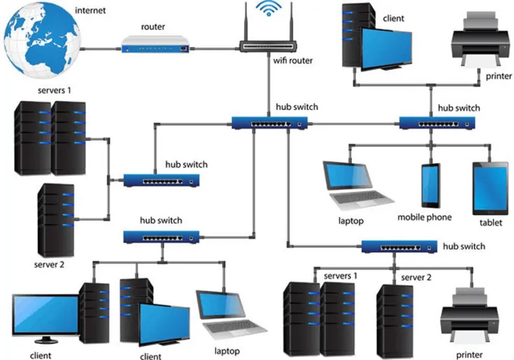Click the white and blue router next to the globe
pos(155,48)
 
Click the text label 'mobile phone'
pos(424,217)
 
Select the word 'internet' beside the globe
pos(91,11)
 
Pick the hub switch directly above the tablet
pos(438,124)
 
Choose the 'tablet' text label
pos(490,224)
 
